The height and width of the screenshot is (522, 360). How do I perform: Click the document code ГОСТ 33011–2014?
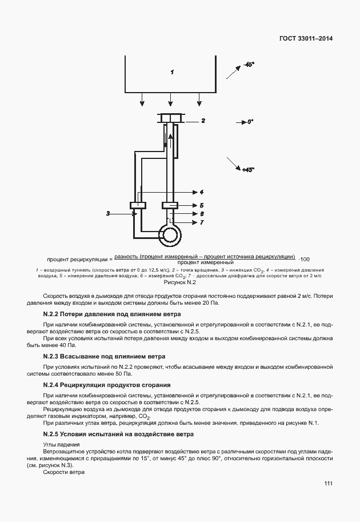(x=307, y=39)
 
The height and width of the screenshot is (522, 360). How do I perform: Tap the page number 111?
(x=327, y=483)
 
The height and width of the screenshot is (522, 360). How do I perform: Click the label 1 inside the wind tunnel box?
(x=171, y=72)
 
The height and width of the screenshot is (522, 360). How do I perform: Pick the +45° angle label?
(x=248, y=170)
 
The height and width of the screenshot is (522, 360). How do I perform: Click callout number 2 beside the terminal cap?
(x=202, y=121)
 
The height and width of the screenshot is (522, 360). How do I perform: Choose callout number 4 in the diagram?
(x=202, y=192)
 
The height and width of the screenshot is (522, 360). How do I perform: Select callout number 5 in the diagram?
(x=202, y=205)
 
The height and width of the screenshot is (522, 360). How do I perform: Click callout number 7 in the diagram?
(x=202, y=222)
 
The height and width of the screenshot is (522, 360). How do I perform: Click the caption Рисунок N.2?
(x=180, y=282)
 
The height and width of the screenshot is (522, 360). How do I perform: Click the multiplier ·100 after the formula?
(x=305, y=258)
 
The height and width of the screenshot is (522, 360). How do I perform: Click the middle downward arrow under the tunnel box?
(x=171, y=103)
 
